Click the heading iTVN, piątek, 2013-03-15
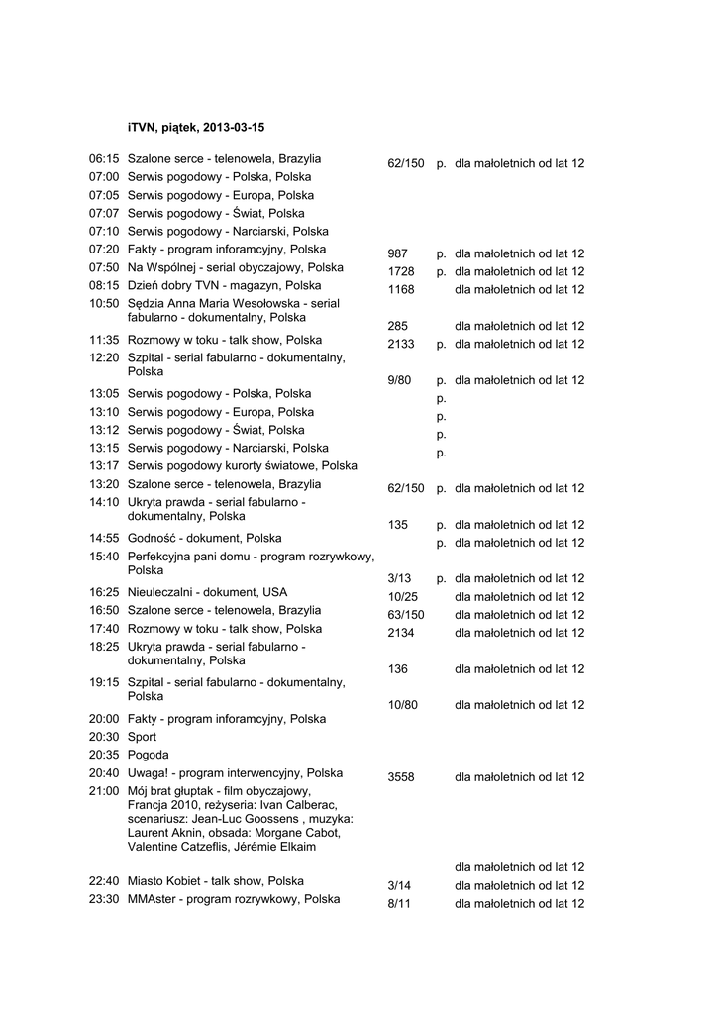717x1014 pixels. point(196,128)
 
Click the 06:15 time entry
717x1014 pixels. point(104,158)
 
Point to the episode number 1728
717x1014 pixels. point(401,271)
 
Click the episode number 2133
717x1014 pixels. point(401,344)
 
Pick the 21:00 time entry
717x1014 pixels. point(104,791)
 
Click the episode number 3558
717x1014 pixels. point(401,778)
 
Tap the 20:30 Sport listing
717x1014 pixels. point(142,737)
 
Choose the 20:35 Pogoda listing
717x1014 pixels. point(149,755)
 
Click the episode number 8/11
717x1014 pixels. point(398,904)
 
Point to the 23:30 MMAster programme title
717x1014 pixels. point(234,899)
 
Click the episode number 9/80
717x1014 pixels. point(399,380)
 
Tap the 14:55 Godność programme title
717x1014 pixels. point(205,538)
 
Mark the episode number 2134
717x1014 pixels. point(401,633)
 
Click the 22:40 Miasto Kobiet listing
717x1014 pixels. point(216,881)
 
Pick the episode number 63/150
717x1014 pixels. point(406,615)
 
